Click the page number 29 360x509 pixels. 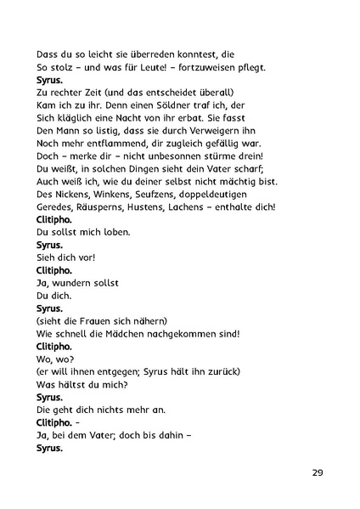click(x=317, y=472)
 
